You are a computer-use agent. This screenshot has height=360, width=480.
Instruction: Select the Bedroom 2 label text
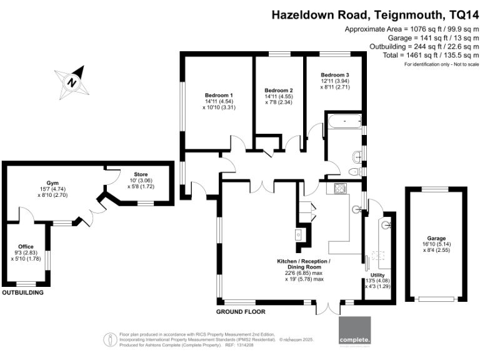point(278,90)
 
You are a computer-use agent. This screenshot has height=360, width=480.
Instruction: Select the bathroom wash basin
point(356,156)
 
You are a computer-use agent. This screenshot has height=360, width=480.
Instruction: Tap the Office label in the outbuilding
point(26,247)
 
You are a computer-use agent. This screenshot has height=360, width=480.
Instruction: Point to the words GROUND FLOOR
point(241,311)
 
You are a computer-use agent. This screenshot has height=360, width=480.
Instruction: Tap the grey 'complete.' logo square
point(355,331)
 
